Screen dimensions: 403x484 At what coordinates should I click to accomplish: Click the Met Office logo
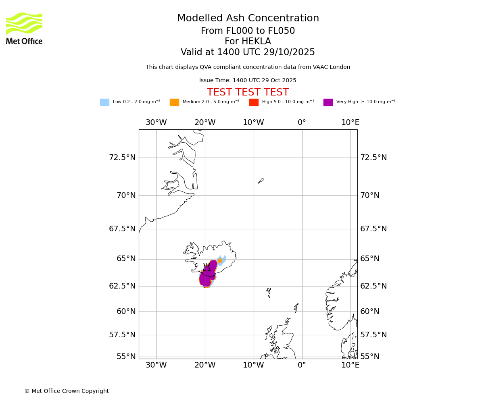24,28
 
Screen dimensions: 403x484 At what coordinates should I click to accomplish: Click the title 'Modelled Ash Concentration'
248,19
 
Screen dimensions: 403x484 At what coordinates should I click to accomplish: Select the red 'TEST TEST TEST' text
248,93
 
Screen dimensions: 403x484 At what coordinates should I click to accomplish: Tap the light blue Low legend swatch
104,102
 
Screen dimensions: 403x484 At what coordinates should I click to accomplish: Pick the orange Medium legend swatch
174,102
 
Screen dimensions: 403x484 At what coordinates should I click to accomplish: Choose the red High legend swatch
254,102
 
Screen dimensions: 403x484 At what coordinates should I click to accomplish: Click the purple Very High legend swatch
328,102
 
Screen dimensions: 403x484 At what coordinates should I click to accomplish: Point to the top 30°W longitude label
156,123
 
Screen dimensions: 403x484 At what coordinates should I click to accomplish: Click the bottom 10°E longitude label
350,365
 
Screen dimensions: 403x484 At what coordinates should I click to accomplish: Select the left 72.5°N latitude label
122,158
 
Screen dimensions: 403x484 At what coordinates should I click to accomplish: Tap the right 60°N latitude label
370,312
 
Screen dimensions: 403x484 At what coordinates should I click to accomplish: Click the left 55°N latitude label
126,357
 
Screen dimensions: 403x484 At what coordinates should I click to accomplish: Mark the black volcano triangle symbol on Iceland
207,268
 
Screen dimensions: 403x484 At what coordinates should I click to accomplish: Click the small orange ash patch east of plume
220,261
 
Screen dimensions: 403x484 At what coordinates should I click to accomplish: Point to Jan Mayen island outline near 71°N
261,181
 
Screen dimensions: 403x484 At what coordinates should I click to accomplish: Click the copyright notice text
67,391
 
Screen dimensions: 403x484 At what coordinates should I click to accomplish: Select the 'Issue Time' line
248,81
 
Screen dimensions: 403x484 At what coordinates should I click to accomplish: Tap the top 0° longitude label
302,123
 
